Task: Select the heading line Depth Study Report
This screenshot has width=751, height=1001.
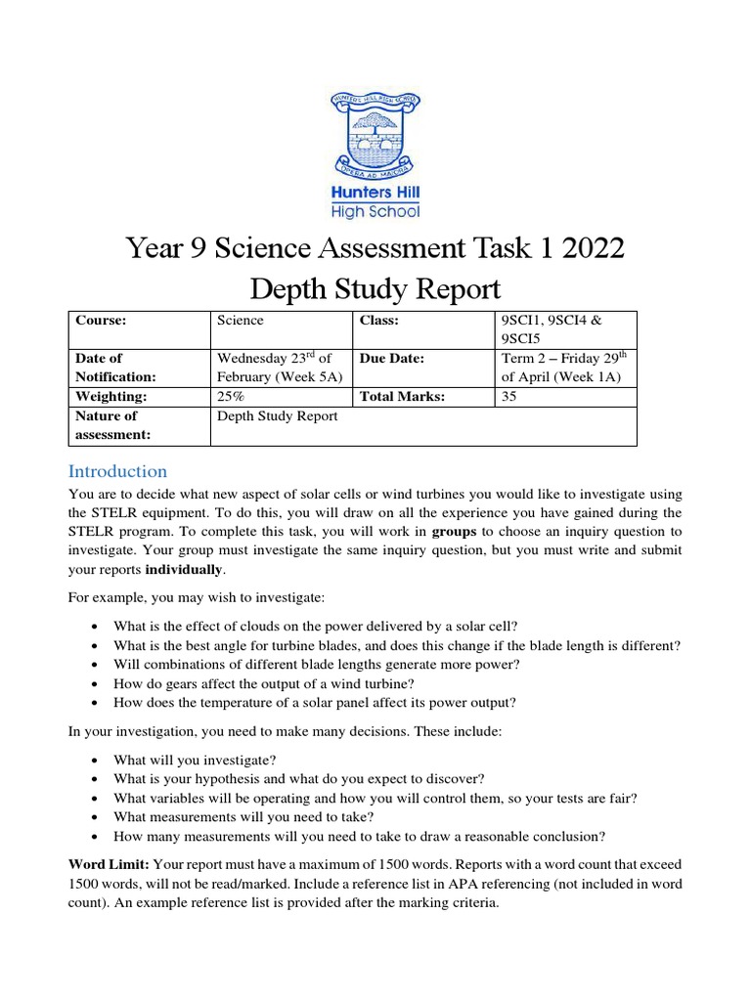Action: (375, 289)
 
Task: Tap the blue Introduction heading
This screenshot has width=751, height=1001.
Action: (117, 470)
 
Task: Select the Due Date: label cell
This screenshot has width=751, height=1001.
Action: (391, 359)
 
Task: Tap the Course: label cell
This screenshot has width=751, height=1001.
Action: (102, 320)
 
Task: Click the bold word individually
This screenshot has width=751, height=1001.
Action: (184, 569)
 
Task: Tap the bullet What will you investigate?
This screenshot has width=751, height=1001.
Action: (195, 760)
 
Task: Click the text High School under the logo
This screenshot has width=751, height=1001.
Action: (375, 210)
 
